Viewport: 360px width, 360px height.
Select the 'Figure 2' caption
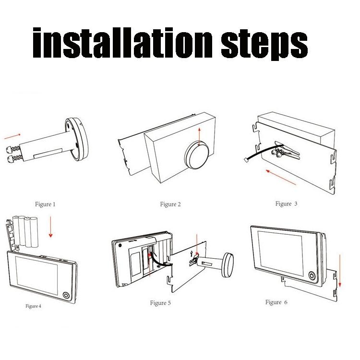(x=170, y=204)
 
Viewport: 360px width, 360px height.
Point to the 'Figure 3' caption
(x=286, y=204)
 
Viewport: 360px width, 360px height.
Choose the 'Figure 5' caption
(x=160, y=302)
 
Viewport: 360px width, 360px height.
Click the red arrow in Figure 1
(x=12, y=137)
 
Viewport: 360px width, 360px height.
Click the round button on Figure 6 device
(x=312, y=277)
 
